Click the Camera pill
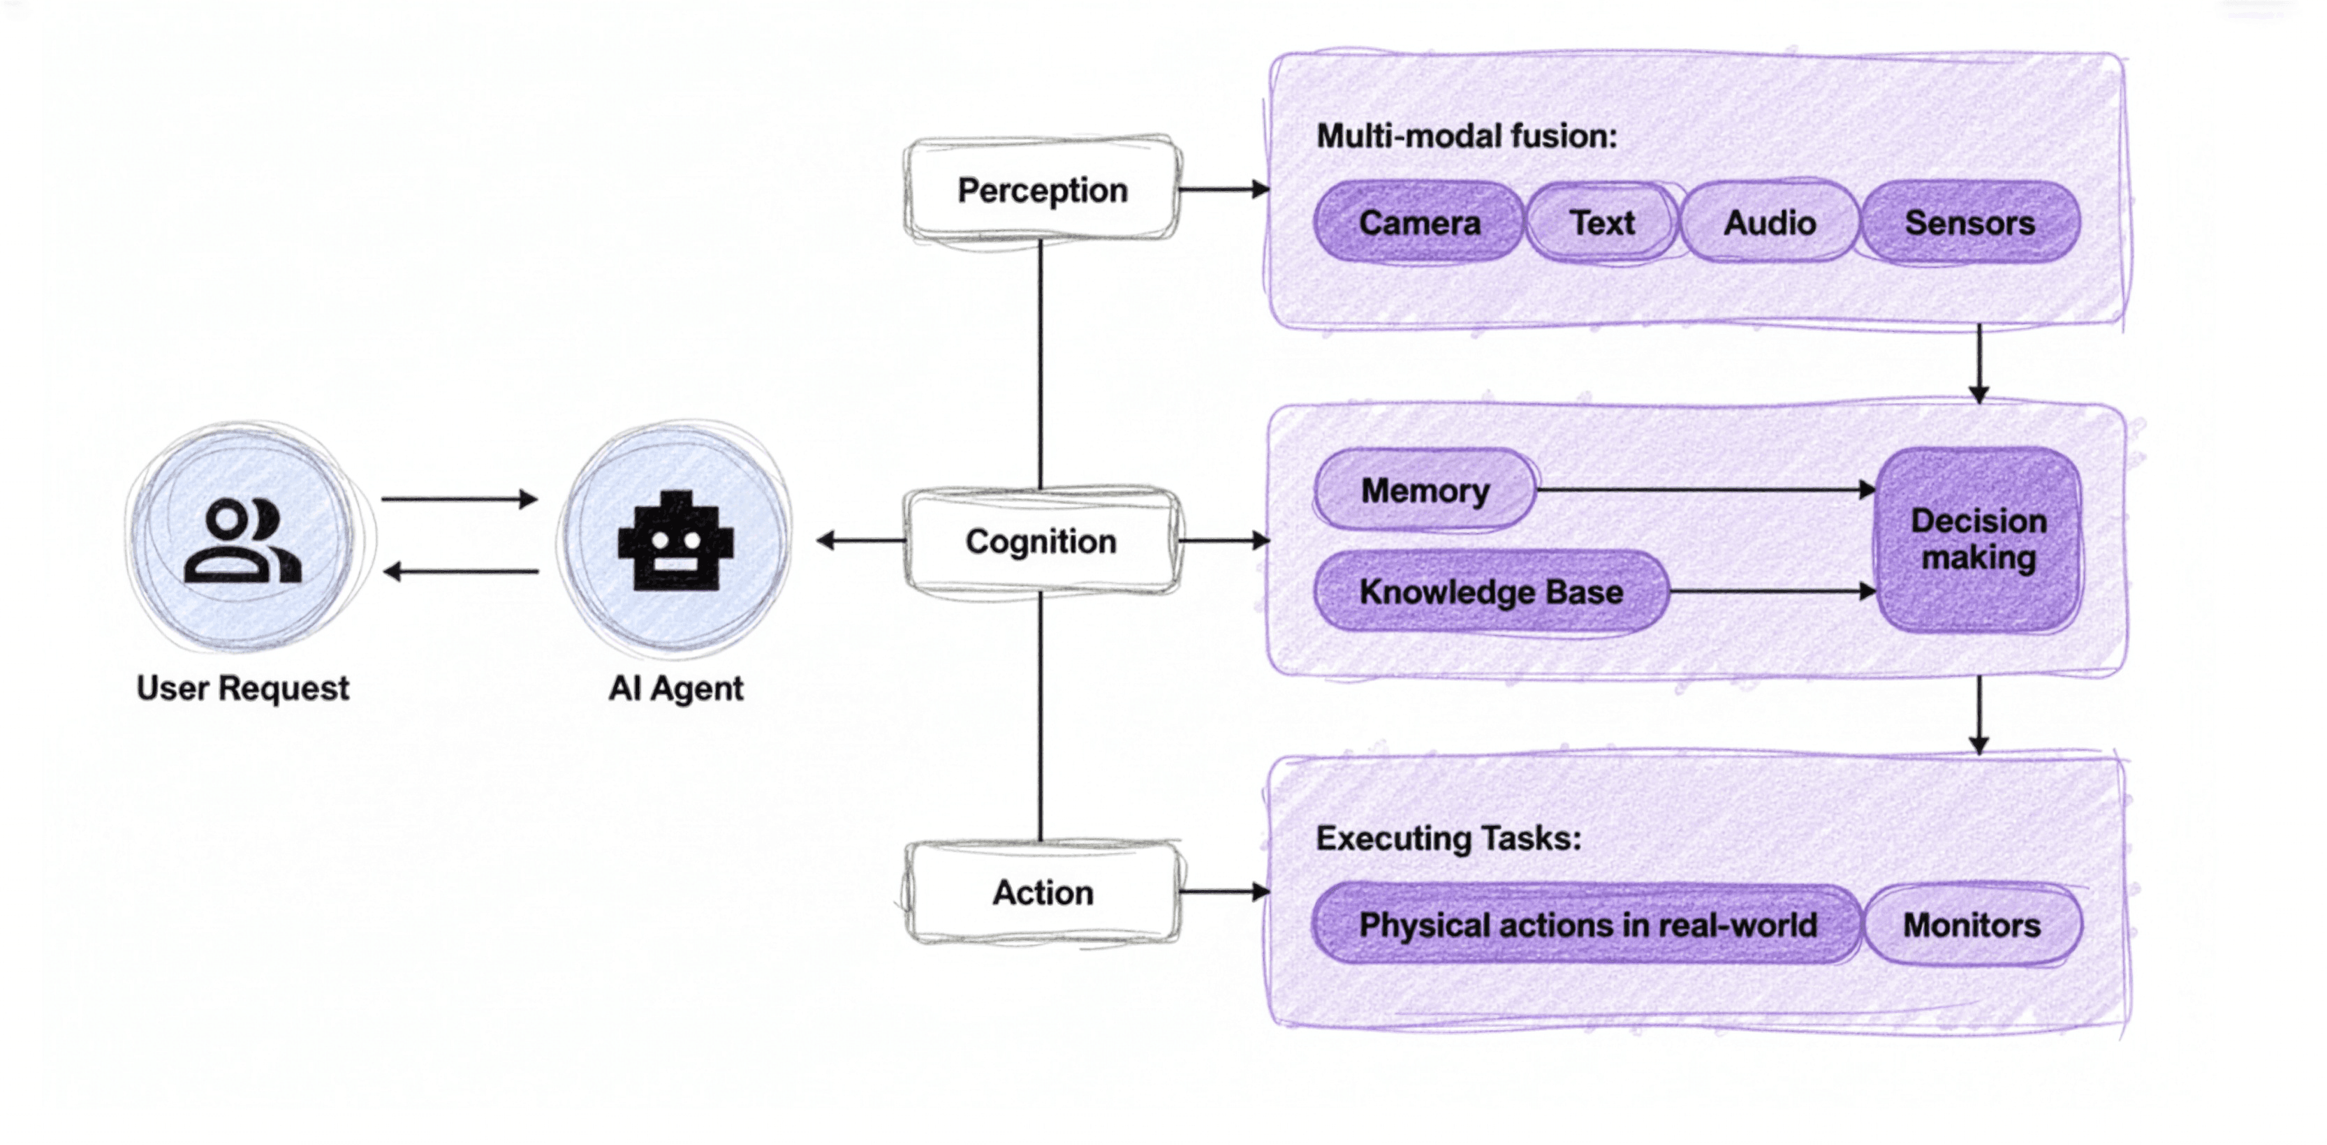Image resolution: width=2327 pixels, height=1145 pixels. [x=1419, y=223]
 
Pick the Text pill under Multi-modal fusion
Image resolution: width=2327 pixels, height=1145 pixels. [x=1601, y=223]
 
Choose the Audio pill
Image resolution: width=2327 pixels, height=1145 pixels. [x=1770, y=223]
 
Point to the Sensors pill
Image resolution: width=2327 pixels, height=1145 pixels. [x=1970, y=223]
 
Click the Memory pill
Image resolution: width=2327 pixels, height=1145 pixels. [x=1425, y=490]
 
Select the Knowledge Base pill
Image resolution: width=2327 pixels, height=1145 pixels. [x=1490, y=592]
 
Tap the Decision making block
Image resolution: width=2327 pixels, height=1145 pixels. [x=1979, y=540]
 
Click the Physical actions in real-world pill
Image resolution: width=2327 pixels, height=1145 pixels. [x=1587, y=924]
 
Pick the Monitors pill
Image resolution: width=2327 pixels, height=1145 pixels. [x=1972, y=924]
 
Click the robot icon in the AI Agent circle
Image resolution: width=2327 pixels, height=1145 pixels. [x=676, y=541]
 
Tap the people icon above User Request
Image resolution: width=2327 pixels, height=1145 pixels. [x=242, y=541]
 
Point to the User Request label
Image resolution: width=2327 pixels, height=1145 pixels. [x=242, y=688]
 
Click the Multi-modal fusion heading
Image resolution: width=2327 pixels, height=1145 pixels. [x=1466, y=136]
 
